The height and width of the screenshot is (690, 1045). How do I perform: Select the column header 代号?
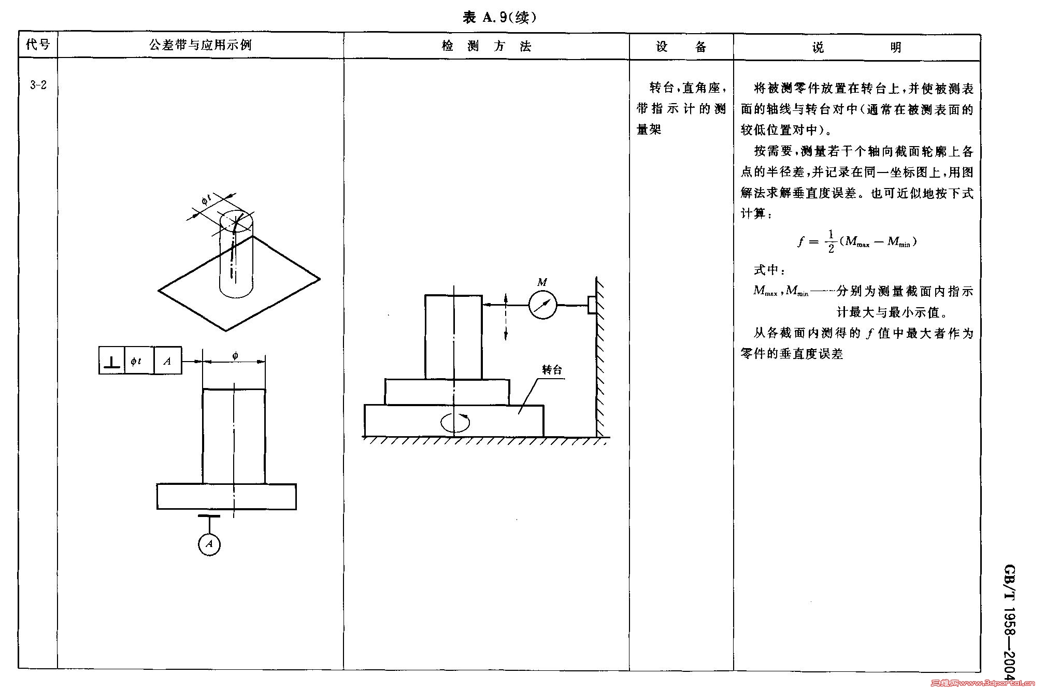coord(38,45)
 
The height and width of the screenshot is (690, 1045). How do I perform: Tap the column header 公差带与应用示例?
coord(200,45)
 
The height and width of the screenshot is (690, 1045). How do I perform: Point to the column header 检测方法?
coord(486,47)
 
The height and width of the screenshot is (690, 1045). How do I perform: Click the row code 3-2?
coord(38,85)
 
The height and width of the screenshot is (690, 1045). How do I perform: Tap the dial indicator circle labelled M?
coord(543,305)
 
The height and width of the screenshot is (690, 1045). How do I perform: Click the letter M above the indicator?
coord(542,282)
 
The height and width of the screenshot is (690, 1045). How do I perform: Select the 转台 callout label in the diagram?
coord(552,370)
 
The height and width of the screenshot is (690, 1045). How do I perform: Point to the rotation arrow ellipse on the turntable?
coord(455,423)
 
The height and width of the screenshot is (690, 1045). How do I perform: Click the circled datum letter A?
coord(209,544)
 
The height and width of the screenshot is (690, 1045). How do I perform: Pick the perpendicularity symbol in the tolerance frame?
coord(112,361)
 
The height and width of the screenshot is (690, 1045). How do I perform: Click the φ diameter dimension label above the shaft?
coord(235,355)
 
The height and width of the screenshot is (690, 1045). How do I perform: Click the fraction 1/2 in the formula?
coord(831,241)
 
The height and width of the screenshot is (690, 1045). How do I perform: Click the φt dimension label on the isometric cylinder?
coord(206,199)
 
